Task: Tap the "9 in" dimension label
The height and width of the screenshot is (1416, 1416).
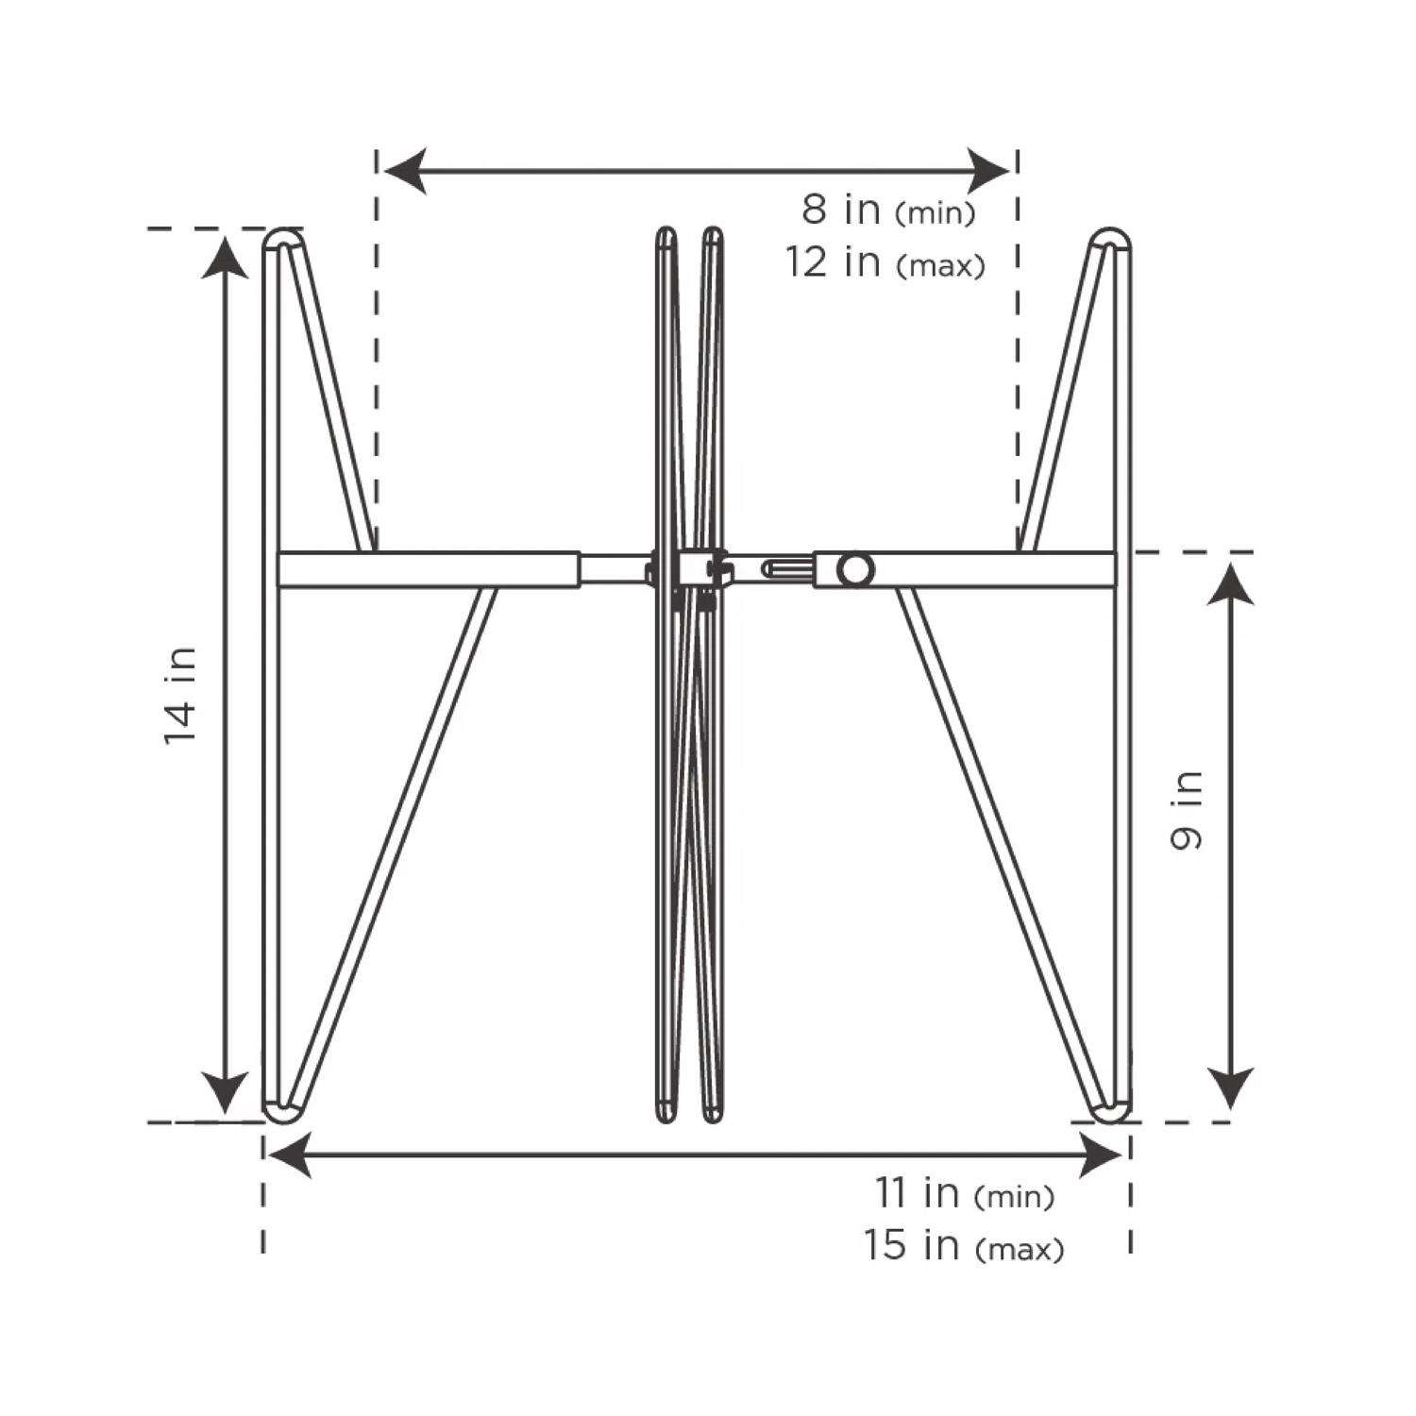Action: tap(1187, 809)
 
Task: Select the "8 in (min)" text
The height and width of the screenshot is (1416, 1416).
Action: tap(887, 210)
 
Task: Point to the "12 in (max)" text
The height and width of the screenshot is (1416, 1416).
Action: tap(885, 263)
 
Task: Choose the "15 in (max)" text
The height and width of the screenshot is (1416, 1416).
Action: tap(963, 1246)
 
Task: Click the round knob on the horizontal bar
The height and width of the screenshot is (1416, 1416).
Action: tap(856, 569)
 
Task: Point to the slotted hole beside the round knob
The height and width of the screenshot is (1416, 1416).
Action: tap(787, 569)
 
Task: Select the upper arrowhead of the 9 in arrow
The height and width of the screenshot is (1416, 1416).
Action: tap(1231, 581)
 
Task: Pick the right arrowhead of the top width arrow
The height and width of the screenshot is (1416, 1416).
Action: tap(989, 171)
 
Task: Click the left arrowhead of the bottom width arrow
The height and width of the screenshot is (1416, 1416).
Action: tap(291, 1156)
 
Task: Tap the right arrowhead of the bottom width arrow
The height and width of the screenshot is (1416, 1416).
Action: tap(1101, 1156)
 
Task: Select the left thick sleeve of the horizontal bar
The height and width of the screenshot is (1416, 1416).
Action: tap(430, 570)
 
